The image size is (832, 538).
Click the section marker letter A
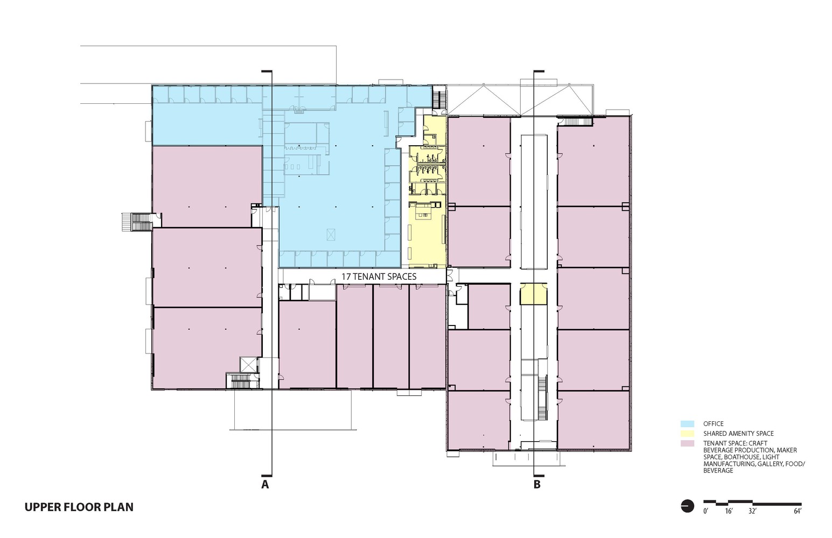click(265, 485)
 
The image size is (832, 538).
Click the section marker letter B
click(537, 485)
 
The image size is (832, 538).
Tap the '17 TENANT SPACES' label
click(379, 277)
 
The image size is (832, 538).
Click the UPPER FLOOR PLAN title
click(79, 507)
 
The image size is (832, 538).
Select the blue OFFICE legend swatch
click(687, 424)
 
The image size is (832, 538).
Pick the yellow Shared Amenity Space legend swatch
click(687, 434)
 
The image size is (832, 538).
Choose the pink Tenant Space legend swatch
click(687, 443)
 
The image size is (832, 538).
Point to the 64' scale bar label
click(798, 511)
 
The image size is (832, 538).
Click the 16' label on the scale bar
click(729, 511)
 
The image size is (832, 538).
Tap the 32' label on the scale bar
click(752, 511)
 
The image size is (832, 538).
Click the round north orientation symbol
click(687, 506)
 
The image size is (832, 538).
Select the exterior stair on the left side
click(137, 222)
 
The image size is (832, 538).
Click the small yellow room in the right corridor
click(533, 294)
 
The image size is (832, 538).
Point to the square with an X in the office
click(331, 234)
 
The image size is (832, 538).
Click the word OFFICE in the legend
click(713, 424)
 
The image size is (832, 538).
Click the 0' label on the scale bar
click(705, 511)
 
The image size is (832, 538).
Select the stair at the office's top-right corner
click(439, 97)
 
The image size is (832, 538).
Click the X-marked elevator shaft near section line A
click(248, 364)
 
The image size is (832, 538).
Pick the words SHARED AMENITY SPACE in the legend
click(738, 434)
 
